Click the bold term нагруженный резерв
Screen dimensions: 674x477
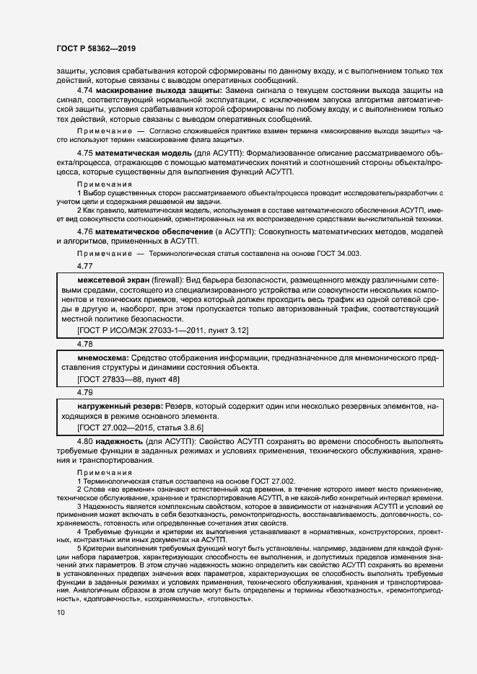tap(114, 407)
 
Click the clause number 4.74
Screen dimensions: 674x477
tap(86, 91)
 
